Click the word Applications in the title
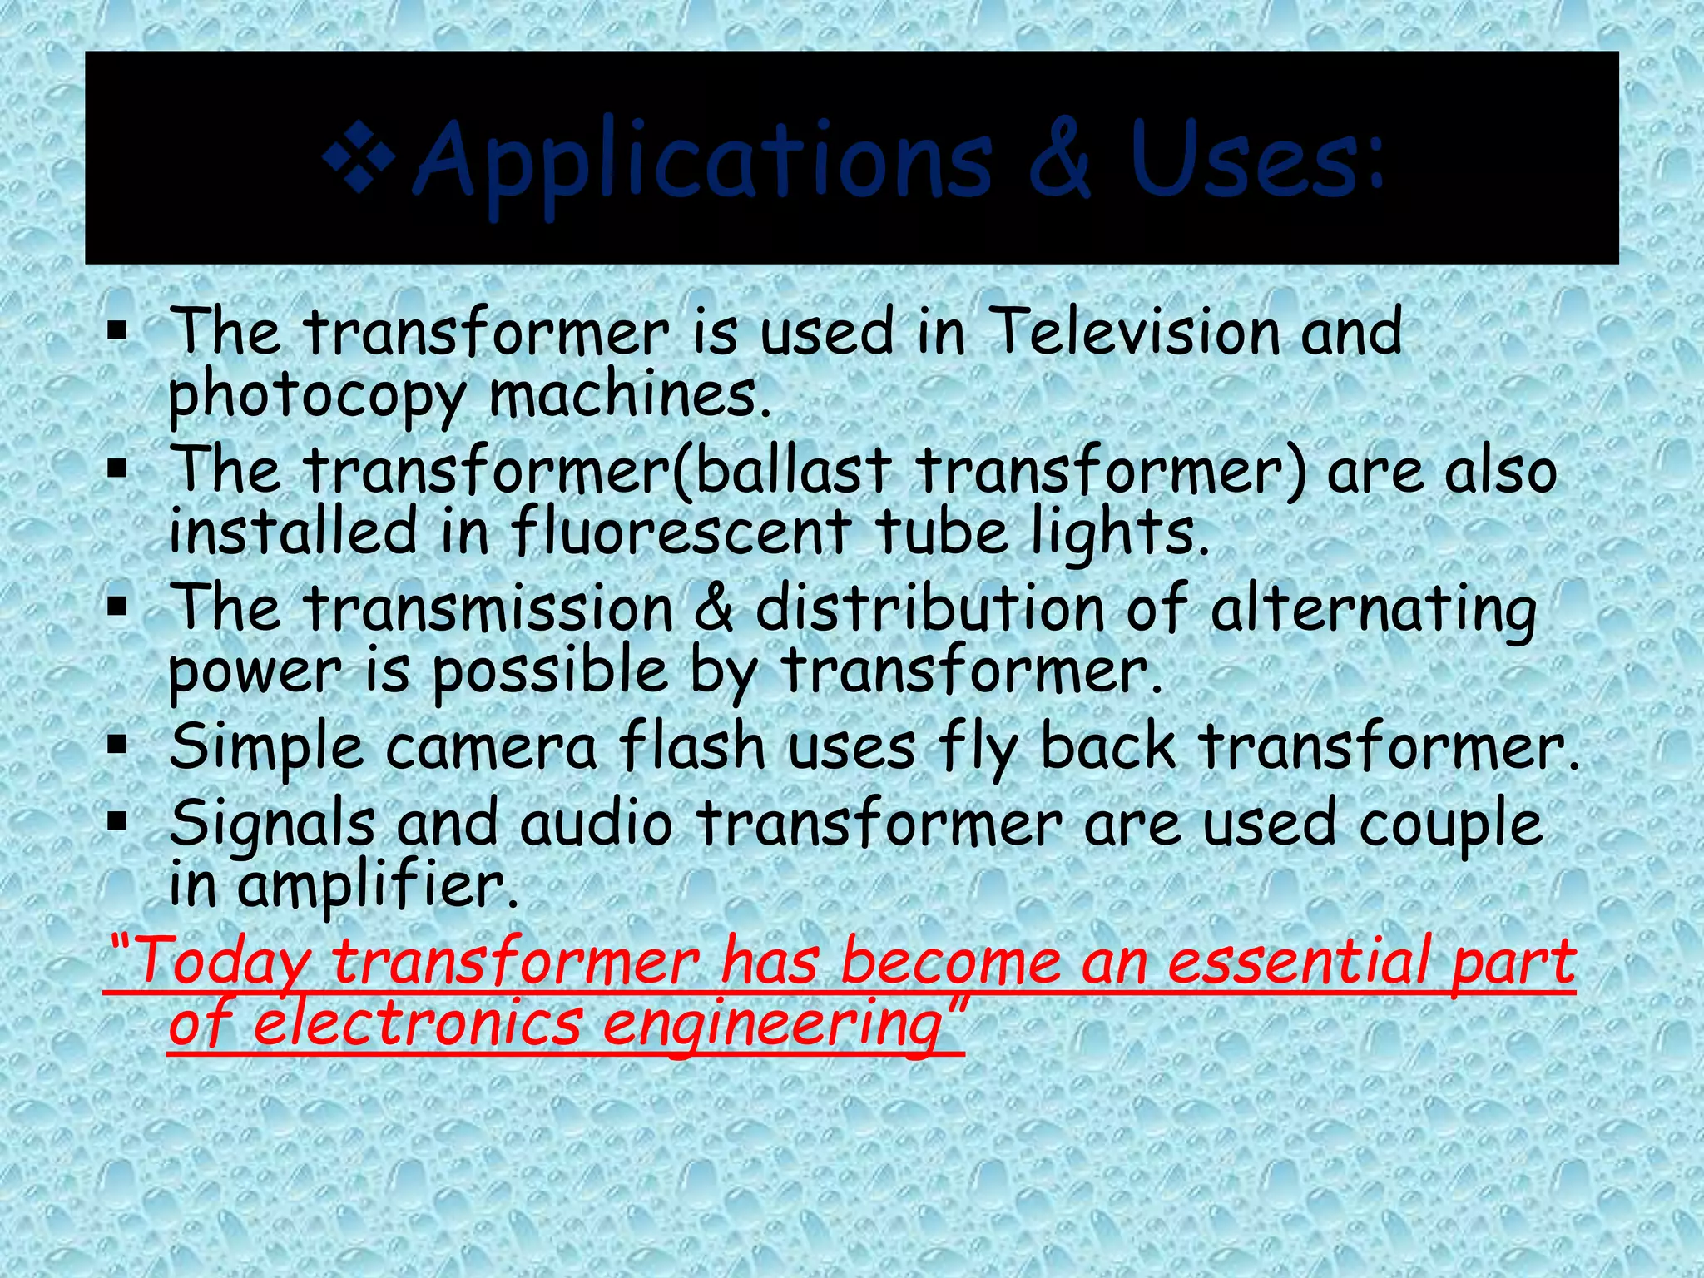(x=703, y=162)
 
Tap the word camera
(x=491, y=746)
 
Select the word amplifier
(x=379, y=886)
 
